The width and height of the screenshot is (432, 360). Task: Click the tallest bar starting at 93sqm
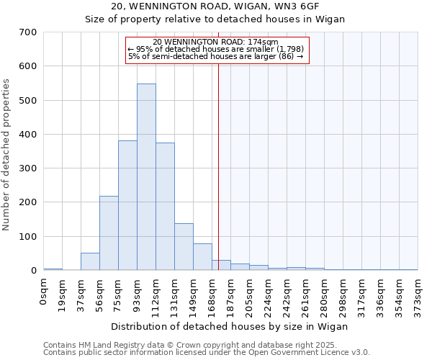pyautogui.click(x=146, y=177)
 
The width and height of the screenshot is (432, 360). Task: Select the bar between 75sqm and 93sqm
pyautogui.click(x=127, y=205)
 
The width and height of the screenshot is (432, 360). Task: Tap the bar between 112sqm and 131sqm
pyautogui.click(x=165, y=207)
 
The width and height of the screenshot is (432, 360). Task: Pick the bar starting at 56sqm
pyautogui.click(x=109, y=233)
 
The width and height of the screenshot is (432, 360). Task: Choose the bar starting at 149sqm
pyautogui.click(x=202, y=257)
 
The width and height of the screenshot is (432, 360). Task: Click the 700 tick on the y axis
pyautogui.click(x=28, y=32)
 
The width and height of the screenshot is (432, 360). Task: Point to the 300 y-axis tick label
pyautogui.click(x=28, y=168)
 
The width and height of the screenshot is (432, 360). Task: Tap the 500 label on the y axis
pyautogui.click(x=28, y=101)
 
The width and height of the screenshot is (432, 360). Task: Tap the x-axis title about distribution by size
pyautogui.click(x=230, y=326)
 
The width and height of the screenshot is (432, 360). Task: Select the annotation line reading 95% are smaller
pyautogui.click(x=216, y=49)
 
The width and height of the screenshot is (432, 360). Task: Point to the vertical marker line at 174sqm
pyautogui.click(x=218, y=166)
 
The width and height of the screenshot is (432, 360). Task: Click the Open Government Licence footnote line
pyautogui.click(x=207, y=353)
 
